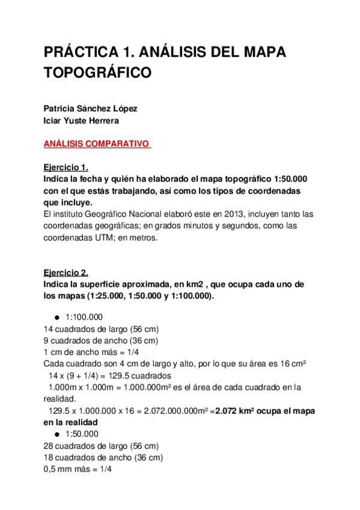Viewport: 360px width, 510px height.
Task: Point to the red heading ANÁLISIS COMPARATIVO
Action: click(x=96, y=144)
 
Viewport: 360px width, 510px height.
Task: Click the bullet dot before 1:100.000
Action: click(x=56, y=318)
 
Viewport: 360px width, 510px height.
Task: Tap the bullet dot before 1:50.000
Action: click(x=56, y=434)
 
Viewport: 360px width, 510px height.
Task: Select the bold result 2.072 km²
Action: click(x=243, y=411)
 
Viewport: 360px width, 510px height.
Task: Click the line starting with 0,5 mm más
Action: click(x=78, y=469)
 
